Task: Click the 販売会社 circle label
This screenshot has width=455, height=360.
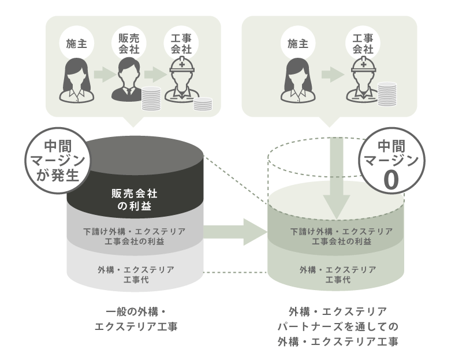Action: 129,43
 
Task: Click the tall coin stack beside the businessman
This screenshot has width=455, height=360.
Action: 151,98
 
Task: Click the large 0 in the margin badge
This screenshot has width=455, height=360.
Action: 390,180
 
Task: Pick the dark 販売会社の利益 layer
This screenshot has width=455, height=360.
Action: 135,198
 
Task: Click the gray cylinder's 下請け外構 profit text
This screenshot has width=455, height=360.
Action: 135,236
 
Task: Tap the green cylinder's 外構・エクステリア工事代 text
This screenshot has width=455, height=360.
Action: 338,274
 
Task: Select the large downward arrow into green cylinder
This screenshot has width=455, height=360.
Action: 338,176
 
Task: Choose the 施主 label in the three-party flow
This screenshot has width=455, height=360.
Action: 77,43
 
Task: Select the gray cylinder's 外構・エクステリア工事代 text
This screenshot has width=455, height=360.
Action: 135,274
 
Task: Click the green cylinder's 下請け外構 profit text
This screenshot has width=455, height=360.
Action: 338,236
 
